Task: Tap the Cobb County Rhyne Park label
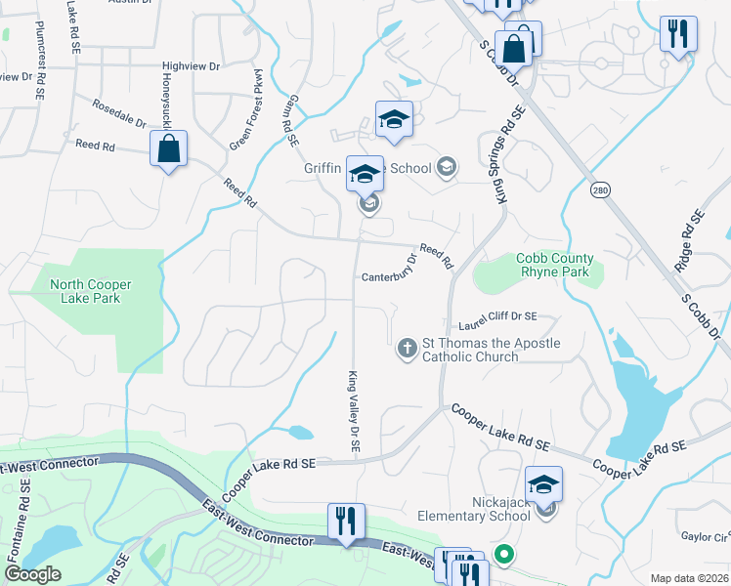[x=555, y=265]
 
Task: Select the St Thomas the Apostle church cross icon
[x=408, y=348]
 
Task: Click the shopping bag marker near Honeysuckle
[x=169, y=149]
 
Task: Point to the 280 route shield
[x=600, y=190]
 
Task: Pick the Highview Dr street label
[x=192, y=65]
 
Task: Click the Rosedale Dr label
[x=118, y=113]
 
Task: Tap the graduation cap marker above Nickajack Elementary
[x=544, y=483]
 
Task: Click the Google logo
[x=33, y=574]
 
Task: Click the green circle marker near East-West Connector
[x=504, y=555]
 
